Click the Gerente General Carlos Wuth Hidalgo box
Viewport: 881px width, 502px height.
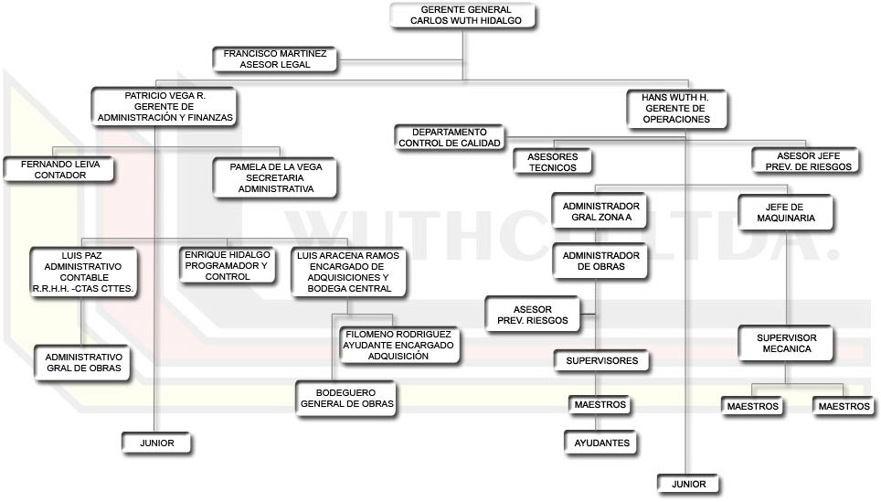465,15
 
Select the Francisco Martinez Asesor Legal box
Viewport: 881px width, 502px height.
275,59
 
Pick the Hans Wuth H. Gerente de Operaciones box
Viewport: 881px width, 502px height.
676,108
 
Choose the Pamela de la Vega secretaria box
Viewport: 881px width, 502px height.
275,177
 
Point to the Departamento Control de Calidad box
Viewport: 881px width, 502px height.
449,138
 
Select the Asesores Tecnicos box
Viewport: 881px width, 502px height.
552,162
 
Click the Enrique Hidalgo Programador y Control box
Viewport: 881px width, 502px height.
228,265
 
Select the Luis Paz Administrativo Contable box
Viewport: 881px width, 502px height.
83,272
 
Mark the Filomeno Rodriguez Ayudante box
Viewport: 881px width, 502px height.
398,346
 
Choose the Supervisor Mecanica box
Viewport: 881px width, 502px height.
786,344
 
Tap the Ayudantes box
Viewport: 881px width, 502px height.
601,443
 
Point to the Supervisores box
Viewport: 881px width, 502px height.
601,361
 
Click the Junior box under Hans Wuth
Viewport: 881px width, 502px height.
687,484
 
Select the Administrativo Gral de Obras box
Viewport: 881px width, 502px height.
83,362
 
